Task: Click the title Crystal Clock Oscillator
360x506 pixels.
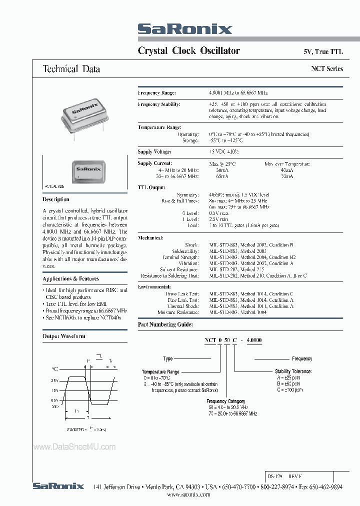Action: point(188,50)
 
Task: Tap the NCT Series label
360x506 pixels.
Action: point(327,68)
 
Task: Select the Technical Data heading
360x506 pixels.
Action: point(71,69)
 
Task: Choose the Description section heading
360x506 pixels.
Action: point(56,199)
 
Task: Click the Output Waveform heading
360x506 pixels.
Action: point(63,336)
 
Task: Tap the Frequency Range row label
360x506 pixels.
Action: point(157,93)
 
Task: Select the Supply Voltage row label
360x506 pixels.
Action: point(154,151)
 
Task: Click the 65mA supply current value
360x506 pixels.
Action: point(216,176)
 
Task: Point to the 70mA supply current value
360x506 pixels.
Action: point(286,176)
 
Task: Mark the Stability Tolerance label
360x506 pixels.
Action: point(293,371)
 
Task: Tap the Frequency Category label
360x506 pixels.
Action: point(225,401)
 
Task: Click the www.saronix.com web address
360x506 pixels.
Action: point(188,493)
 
